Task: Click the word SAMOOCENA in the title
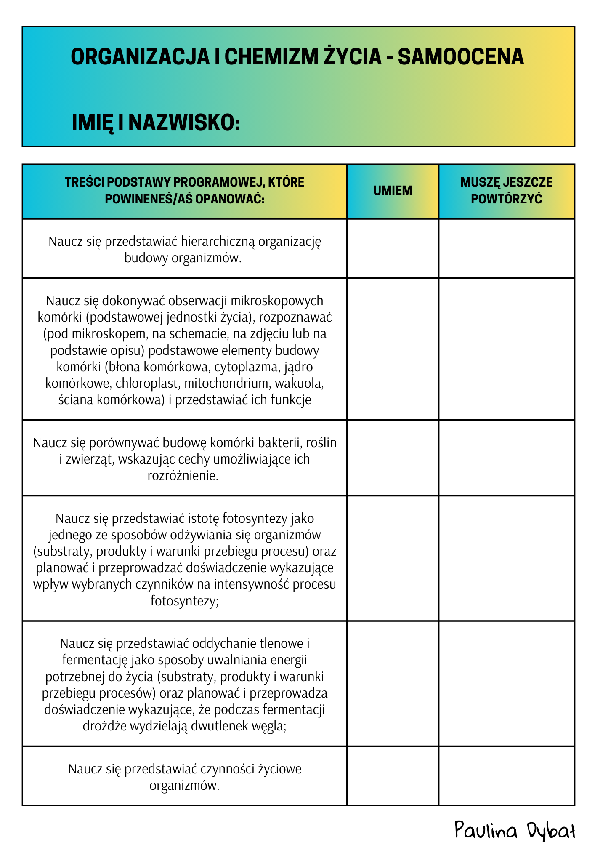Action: point(461,57)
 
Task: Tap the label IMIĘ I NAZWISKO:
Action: point(156,123)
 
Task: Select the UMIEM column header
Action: point(393,191)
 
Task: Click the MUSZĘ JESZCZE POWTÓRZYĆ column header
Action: point(506,191)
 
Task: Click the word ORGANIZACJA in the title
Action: point(140,57)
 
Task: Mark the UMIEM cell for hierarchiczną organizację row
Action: point(393,248)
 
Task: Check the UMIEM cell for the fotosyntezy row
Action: point(393,558)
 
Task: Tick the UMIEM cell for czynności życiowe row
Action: point(393,775)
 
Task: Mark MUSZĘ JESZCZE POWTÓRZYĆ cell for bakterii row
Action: point(506,458)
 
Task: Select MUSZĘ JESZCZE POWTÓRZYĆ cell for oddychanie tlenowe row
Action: point(506,683)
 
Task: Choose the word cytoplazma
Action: point(246,367)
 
